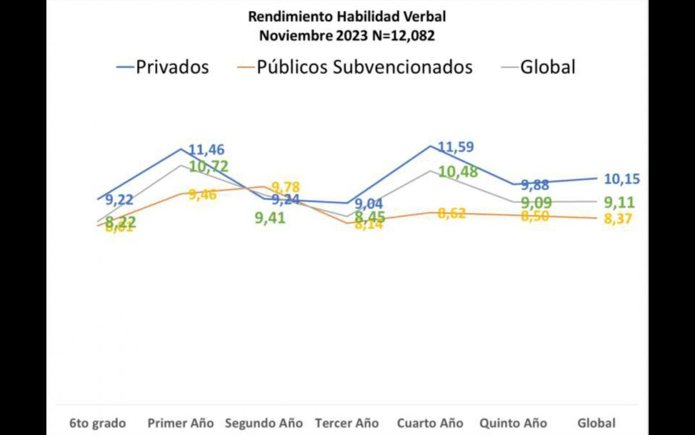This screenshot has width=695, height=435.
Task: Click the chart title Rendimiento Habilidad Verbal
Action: pyautogui.click(x=347, y=16)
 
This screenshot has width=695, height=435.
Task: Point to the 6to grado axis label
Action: pyautogui.click(x=98, y=423)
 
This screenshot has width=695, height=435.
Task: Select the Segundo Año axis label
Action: pyautogui.click(x=263, y=423)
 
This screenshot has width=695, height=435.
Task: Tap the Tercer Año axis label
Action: pyautogui.click(x=347, y=423)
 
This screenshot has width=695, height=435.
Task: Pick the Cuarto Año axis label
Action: pyautogui.click(x=430, y=423)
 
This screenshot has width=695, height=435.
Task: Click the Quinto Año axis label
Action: pyautogui.click(x=513, y=423)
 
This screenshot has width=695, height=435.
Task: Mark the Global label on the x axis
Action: pyautogui.click(x=597, y=423)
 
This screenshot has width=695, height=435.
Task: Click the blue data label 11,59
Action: pyautogui.click(x=456, y=147)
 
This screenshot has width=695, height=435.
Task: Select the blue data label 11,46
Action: pyautogui.click(x=206, y=150)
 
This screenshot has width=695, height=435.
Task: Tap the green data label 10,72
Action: pyautogui.click(x=208, y=166)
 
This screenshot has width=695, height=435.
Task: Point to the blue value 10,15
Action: pyautogui.click(x=622, y=179)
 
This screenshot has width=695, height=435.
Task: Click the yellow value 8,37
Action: pyautogui.click(x=618, y=219)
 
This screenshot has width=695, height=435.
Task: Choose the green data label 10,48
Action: pyautogui.click(x=458, y=172)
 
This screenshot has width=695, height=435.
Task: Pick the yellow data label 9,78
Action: pyautogui.click(x=285, y=188)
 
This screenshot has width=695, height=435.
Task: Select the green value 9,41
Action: pyautogui.click(x=270, y=218)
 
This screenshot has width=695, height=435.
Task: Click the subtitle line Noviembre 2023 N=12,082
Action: pyautogui.click(x=347, y=35)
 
